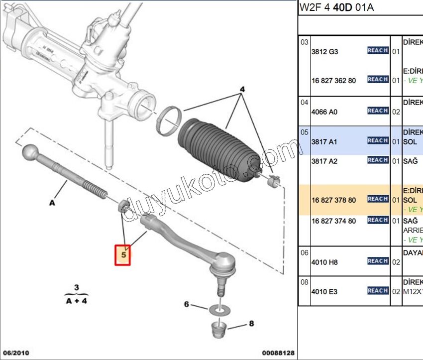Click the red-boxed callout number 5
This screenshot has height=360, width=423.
(123, 255)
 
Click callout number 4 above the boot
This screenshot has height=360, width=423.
(242, 90)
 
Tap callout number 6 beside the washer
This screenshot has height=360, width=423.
(187, 304)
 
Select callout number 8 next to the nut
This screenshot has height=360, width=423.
(251, 324)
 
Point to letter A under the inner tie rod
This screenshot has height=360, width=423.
(52, 202)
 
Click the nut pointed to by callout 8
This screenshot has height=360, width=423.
(217, 329)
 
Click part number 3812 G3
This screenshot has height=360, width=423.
(324, 51)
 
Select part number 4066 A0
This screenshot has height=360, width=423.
(324, 112)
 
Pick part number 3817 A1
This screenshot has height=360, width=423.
(324, 142)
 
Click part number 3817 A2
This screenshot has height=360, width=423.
(324, 161)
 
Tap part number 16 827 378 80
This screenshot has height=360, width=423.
(333, 200)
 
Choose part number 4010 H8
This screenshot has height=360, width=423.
(324, 262)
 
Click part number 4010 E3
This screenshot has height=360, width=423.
(324, 291)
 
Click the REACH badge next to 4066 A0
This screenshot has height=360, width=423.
(378, 111)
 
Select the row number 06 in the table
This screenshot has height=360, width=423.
(304, 252)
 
